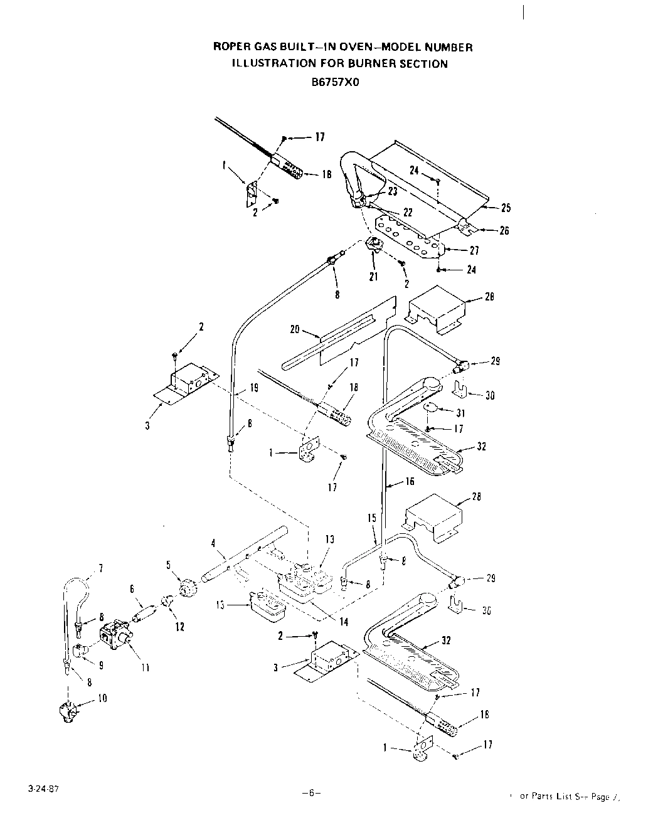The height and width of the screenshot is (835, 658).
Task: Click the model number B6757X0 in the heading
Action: (x=338, y=80)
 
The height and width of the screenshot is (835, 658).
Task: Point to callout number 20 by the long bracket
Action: (x=295, y=329)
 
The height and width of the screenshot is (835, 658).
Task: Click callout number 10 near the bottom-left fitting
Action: (x=103, y=698)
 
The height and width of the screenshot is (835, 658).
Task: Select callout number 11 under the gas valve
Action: (x=145, y=667)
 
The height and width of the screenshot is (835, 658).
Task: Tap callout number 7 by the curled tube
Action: (x=100, y=569)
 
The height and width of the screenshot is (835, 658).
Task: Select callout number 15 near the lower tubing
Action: (x=372, y=518)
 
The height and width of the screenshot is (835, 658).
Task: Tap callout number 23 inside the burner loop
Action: (x=393, y=192)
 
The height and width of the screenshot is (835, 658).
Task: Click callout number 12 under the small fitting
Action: (x=180, y=626)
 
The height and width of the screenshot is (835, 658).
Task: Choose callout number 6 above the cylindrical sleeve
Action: (x=132, y=588)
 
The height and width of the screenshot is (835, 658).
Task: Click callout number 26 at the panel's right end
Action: (x=504, y=230)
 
